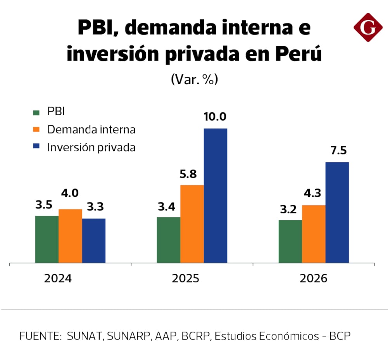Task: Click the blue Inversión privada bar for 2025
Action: [x=215, y=196]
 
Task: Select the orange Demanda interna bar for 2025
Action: [x=192, y=224]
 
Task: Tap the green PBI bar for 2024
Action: [x=47, y=239]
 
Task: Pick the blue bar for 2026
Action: [x=337, y=213]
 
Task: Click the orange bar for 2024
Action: [x=70, y=236]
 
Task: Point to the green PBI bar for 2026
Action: [x=290, y=241]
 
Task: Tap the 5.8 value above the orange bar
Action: [x=191, y=173]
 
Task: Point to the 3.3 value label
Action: [x=95, y=207]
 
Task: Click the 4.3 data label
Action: [x=313, y=193]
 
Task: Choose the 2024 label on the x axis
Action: [x=58, y=279]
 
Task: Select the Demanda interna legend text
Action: [x=91, y=130]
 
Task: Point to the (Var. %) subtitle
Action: [x=194, y=79]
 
